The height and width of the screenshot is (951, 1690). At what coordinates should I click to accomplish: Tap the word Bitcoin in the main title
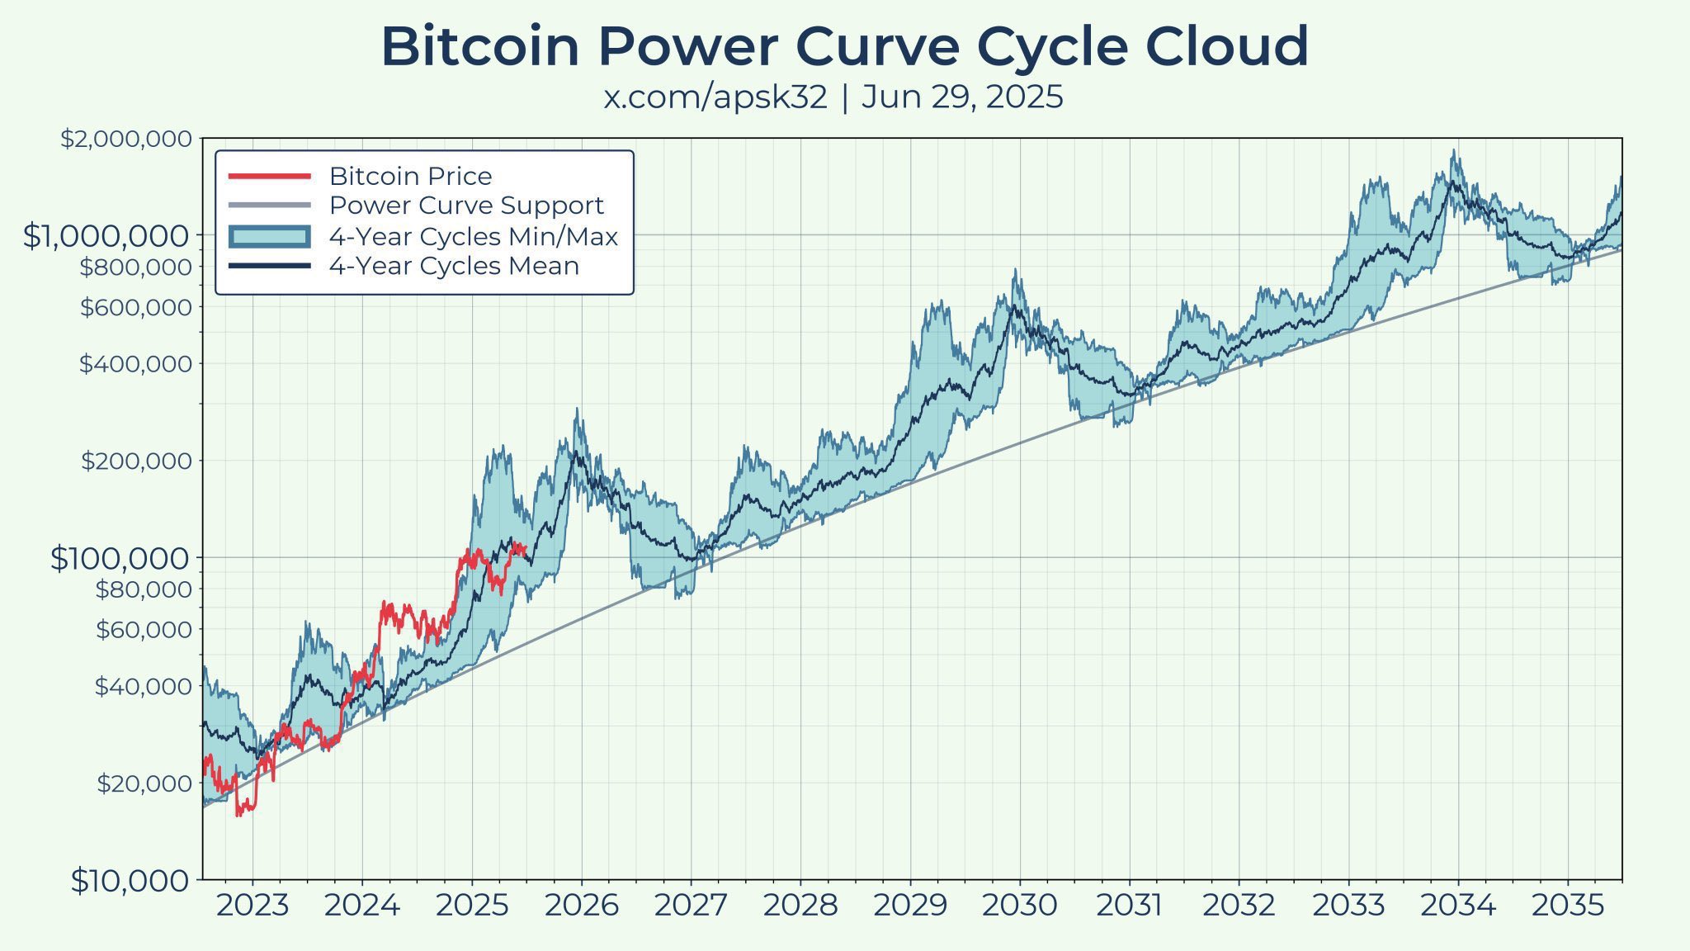[480, 47]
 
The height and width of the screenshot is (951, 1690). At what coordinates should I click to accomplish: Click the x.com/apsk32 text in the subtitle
[715, 97]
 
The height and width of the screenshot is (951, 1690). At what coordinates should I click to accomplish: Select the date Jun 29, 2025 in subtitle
[962, 97]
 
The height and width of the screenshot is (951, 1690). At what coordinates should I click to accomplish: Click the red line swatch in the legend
[269, 177]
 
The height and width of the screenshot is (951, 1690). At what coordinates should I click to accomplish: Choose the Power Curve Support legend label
[466, 206]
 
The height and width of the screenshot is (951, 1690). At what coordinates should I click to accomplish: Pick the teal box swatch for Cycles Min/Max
[269, 237]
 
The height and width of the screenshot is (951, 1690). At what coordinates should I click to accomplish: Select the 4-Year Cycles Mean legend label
[454, 266]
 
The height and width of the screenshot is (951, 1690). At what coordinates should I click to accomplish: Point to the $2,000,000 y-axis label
[125, 139]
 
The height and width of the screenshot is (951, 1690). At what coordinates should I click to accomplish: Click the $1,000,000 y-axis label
[106, 236]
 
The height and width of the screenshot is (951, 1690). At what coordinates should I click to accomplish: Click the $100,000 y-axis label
[120, 559]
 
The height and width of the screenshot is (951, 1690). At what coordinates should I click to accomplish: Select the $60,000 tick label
[144, 630]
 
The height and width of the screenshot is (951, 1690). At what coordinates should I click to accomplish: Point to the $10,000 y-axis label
[130, 881]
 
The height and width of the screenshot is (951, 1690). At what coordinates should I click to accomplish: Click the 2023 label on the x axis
[252, 906]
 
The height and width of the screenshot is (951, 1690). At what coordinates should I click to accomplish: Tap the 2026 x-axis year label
[581, 906]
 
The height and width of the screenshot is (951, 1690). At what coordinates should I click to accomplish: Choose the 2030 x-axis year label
[1019, 906]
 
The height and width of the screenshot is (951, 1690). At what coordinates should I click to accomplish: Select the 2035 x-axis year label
[1568, 906]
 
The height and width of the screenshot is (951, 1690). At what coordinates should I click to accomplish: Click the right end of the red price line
[526, 551]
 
